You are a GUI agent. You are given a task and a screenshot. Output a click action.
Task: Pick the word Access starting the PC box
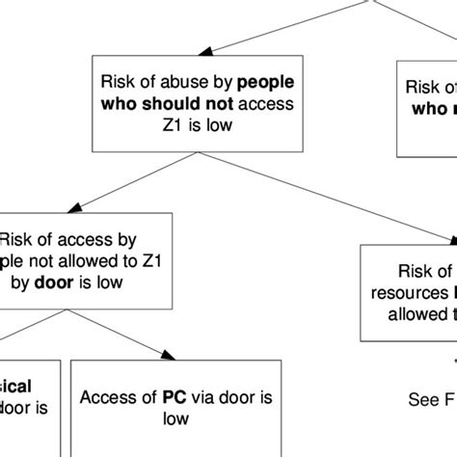(104, 396)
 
